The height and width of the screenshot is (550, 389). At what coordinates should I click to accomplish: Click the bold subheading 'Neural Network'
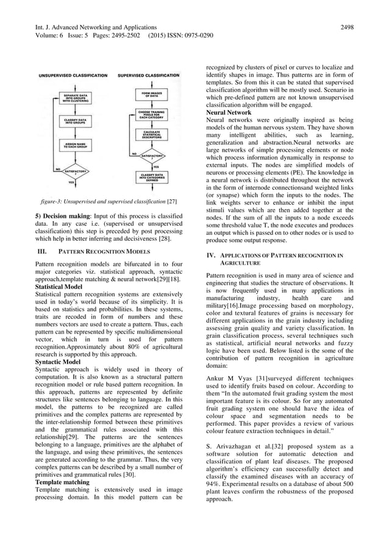(229, 113)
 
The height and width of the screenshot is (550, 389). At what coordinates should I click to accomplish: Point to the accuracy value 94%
(215, 483)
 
